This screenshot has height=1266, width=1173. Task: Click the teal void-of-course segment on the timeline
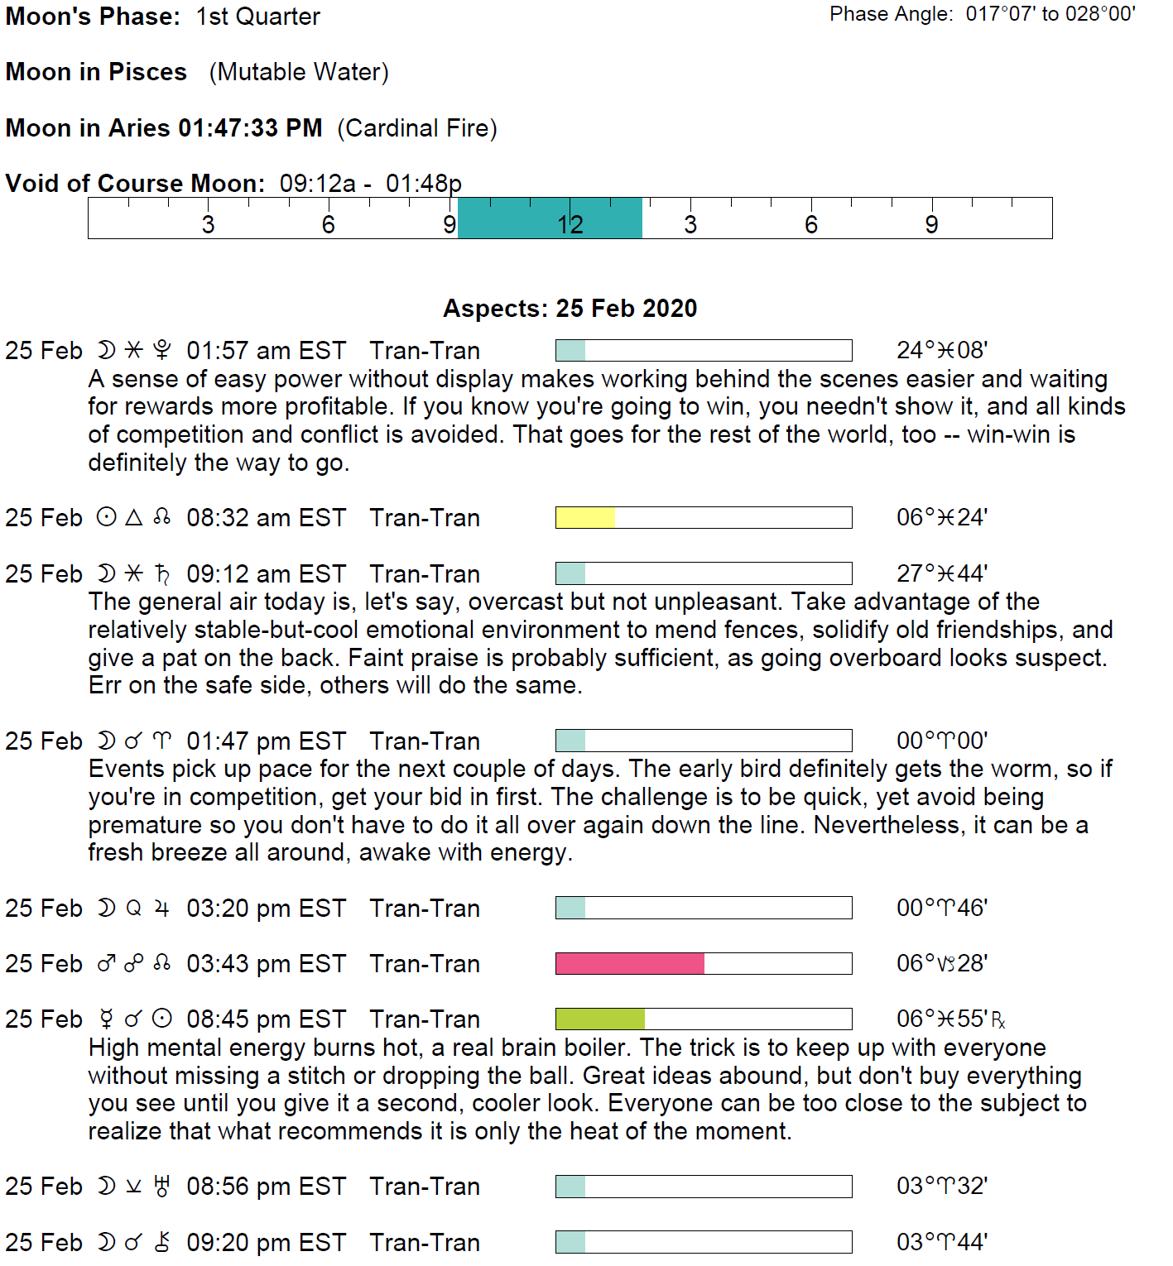pos(550,218)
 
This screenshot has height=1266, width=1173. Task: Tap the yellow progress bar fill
pos(585,518)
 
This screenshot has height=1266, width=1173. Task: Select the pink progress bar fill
pos(629,964)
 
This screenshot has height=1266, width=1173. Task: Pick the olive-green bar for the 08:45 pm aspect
pos(599,1019)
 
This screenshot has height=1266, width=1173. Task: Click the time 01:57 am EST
pos(266,351)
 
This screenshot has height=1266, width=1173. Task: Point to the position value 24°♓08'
pos(941,351)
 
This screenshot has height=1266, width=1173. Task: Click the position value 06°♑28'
pos(941,964)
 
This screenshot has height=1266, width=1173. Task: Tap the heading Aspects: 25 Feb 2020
pos(570,309)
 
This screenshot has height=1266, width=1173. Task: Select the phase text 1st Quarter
pos(257,17)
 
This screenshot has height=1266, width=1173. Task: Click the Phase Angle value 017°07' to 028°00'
pos(1050,14)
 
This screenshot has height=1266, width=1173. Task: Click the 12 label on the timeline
pos(570,225)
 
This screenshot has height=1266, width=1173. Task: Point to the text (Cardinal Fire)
pos(416,128)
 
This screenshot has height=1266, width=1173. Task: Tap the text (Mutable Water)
pos(299,72)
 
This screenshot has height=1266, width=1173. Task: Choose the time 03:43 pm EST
pos(266,964)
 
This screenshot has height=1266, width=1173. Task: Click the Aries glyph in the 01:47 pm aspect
pos(162,741)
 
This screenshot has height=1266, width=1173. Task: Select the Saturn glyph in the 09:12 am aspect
pos(162,574)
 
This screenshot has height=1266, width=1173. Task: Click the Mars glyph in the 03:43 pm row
pos(106,964)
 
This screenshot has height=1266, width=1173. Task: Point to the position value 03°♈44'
pos(941,1243)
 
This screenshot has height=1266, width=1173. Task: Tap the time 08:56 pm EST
pos(266,1187)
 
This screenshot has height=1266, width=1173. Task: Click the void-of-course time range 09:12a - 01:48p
pos(370,184)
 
